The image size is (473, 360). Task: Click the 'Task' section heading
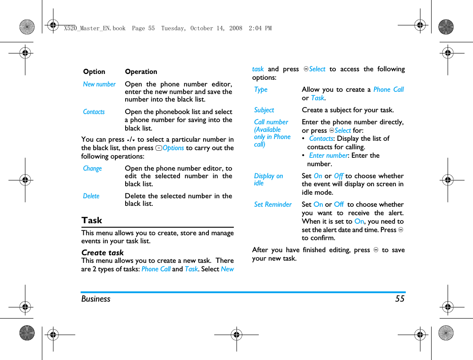(92, 220)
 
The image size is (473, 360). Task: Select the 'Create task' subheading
(102, 252)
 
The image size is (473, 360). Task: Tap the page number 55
(400, 299)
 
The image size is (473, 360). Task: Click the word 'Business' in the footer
(96, 299)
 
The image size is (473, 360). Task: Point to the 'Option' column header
(94, 72)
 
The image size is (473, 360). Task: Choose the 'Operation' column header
(141, 72)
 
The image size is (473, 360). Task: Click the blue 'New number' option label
(99, 84)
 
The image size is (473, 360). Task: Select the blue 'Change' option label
(92, 168)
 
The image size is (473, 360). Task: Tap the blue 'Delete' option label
(91, 196)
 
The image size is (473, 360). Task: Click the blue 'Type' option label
(261, 90)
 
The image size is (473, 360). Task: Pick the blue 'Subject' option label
(264, 110)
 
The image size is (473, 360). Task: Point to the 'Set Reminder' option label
(273, 205)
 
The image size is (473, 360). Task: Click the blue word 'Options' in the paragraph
(173, 148)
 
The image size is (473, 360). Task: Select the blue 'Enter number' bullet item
(328, 155)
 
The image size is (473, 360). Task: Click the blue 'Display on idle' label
(268, 180)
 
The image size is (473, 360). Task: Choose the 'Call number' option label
(271, 122)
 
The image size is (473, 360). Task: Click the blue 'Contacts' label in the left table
(94, 112)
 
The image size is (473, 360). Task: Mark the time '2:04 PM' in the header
(261, 28)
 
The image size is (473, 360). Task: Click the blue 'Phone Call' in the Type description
(388, 90)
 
